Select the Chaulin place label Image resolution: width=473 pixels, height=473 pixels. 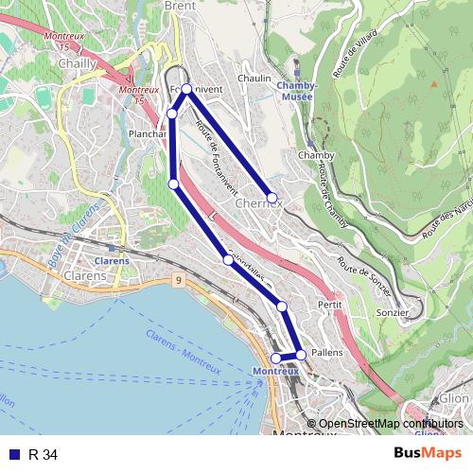click(x=254, y=79)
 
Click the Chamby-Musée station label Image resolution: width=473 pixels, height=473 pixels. click(x=296, y=90)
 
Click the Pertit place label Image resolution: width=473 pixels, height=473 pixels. click(x=329, y=307)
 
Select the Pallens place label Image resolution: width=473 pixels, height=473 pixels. click(x=327, y=351)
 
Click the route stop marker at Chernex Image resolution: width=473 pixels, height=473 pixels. click(x=272, y=198)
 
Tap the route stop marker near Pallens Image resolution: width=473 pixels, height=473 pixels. click(x=301, y=355)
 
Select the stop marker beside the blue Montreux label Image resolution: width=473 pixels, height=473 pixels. click(x=276, y=359)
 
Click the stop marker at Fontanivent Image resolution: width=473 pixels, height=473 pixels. click(x=186, y=89)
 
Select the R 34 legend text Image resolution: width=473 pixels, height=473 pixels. click(x=44, y=455)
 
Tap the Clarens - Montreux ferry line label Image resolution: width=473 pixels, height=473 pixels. click(x=180, y=349)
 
